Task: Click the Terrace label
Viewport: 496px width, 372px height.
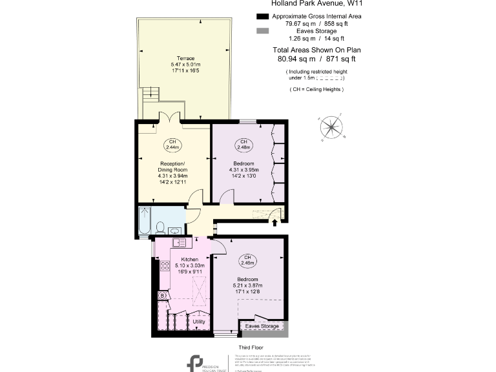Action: click(185, 58)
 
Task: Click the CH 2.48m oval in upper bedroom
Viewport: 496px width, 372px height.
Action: click(244, 143)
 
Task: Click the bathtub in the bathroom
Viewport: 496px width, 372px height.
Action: click(144, 220)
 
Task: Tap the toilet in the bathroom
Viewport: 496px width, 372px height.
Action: click(160, 227)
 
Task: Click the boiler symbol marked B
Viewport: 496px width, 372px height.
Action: click(163, 296)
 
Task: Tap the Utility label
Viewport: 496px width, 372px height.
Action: click(199, 321)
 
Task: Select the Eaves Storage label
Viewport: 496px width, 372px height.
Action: click(262, 326)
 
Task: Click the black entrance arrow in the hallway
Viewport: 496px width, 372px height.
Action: click(276, 223)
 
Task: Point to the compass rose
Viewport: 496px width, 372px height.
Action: click(332, 126)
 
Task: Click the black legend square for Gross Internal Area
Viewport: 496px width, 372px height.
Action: click(262, 16)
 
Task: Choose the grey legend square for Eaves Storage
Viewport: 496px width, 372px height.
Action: click(262, 31)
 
